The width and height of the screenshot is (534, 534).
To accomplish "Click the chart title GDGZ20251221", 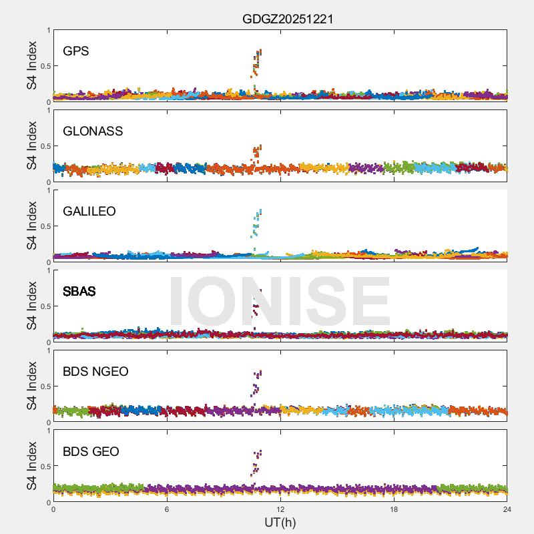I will pyautogui.click(x=288, y=19).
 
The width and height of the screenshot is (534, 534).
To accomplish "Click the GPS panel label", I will pyautogui.click(x=75, y=51).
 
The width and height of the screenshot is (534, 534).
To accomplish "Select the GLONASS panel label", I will pyautogui.click(x=93, y=131).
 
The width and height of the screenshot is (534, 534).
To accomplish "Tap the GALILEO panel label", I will pyautogui.click(x=89, y=212).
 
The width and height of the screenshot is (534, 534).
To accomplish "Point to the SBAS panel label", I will pyautogui.click(x=79, y=292).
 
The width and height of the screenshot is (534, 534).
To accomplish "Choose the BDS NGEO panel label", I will pyautogui.click(x=95, y=372).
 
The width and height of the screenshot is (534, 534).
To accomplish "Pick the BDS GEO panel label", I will pyautogui.click(x=91, y=452).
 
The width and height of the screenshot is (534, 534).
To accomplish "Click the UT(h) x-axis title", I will pyautogui.click(x=280, y=522).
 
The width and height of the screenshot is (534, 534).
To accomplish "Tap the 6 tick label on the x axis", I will pyautogui.click(x=167, y=510).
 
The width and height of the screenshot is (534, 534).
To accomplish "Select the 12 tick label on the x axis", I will pyautogui.click(x=280, y=510).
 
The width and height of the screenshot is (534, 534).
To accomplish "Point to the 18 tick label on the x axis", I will pyautogui.click(x=394, y=510).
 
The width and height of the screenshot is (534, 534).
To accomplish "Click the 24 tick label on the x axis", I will pyautogui.click(x=507, y=510).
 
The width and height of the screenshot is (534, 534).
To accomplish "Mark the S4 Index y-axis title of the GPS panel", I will pyautogui.click(x=32, y=65).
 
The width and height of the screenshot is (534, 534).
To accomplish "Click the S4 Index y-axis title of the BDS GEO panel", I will pyautogui.click(x=32, y=466).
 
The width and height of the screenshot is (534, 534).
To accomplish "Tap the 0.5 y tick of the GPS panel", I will pyautogui.click(x=44, y=66).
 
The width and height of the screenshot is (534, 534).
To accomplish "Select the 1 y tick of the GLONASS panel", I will pyautogui.click(x=48, y=110).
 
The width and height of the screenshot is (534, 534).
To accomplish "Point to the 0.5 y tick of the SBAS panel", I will pyautogui.click(x=44, y=306).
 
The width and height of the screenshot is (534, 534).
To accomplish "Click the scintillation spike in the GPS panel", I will pyautogui.click(x=257, y=63).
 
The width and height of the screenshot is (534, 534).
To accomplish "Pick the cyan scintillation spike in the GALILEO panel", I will pyautogui.click(x=257, y=224).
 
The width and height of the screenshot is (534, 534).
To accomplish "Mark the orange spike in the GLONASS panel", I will pyautogui.click(x=257, y=153).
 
